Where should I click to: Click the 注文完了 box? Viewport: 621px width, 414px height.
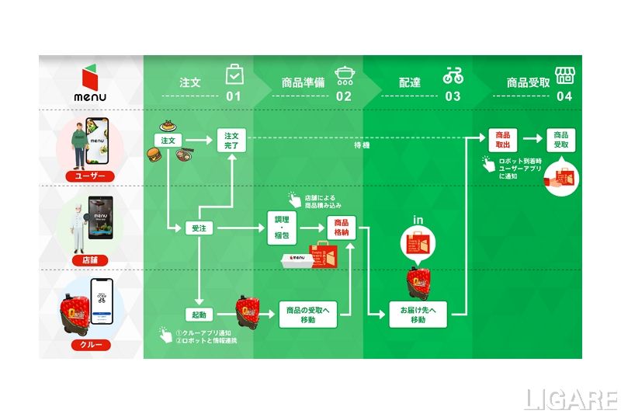[231, 141]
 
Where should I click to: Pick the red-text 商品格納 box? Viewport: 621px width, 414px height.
[342, 228]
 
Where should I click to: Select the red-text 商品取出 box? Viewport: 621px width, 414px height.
[502, 141]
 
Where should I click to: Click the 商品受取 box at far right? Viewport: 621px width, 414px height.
[561, 141]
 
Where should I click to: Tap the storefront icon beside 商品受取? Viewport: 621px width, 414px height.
[564, 75]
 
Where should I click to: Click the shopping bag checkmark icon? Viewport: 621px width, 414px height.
[234, 75]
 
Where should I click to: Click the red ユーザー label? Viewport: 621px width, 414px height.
[92, 176]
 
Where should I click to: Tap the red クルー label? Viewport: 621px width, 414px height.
[92, 344]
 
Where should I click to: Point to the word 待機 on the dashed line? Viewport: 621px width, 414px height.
[362, 145]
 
